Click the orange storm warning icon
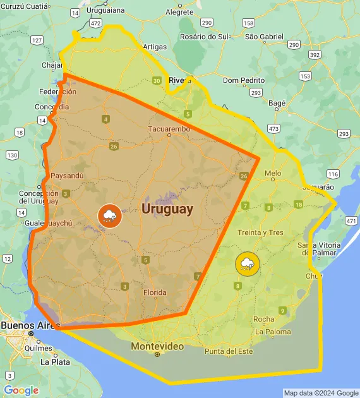(110, 216)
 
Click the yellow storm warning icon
(246, 263)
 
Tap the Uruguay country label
(167, 208)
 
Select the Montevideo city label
(157, 346)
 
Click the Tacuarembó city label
(169, 129)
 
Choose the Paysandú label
(66, 175)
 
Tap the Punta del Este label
(229, 351)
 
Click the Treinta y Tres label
(260, 232)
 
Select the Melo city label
(273, 172)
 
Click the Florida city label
(155, 292)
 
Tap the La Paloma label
(273, 331)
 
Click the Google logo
(20, 390)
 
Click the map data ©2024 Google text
(320, 393)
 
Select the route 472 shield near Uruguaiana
(95, 23)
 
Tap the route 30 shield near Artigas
(157, 80)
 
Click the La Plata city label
(55, 362)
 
